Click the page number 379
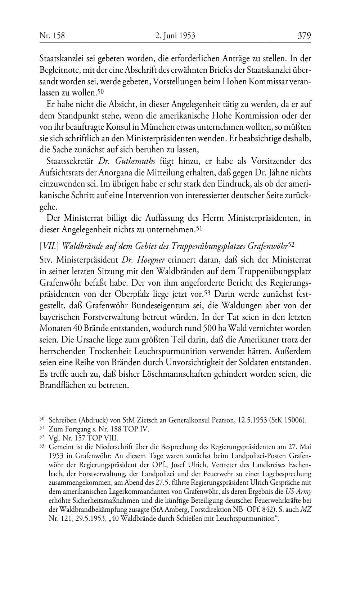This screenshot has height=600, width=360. (x=304, y=36)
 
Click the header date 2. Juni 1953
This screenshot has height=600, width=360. (x=175, y=36)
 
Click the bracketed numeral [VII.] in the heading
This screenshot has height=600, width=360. (x=50, y=246)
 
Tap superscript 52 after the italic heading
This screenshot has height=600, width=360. (x=292, y=244)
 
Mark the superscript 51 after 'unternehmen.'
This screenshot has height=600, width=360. (x=199, y=228)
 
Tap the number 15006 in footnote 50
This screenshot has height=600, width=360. (x=294, y=420)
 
